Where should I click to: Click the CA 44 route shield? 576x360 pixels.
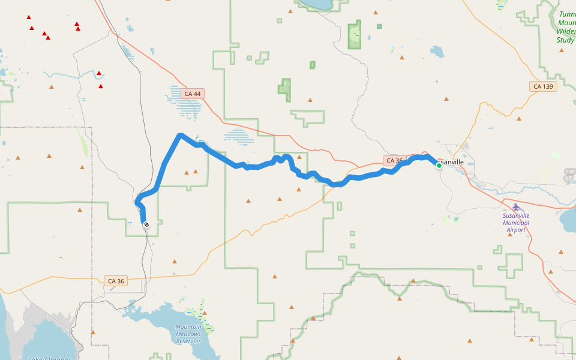[193, 94]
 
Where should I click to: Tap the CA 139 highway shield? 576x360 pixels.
[544, 86]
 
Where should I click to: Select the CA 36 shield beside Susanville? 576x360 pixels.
[394, 161]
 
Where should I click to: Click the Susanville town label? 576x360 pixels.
[451, 162]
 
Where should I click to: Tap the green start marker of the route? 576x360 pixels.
[439, 165]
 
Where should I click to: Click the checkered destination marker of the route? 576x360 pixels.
[146, 224]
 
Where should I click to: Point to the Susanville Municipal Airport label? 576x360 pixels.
[516, 222]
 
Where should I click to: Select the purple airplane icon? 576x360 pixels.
[516, 207]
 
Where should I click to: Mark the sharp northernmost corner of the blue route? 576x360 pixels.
[179, 135]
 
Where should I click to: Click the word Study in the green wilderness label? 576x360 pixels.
[565, 40]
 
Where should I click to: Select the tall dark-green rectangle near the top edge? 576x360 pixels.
[355, 34]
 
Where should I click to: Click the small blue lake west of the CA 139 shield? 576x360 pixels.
[436, 52]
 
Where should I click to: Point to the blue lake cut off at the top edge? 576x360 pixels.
[316, 5]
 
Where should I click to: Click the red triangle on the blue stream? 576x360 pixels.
[99, 73]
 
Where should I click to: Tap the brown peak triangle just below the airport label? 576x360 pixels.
[509, 235]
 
